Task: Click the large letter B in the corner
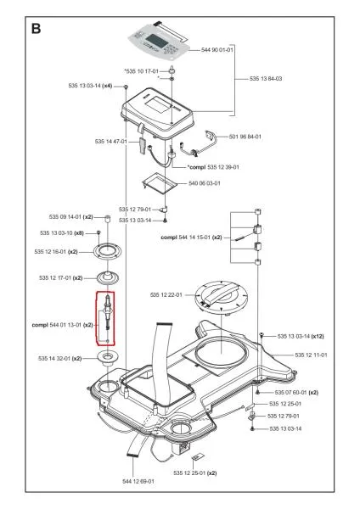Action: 37,27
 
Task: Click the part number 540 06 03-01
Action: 205,182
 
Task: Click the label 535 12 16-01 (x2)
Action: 56,252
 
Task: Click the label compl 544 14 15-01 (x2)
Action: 191,238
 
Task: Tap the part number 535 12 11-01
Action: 312,354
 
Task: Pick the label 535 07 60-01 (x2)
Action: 295,393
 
